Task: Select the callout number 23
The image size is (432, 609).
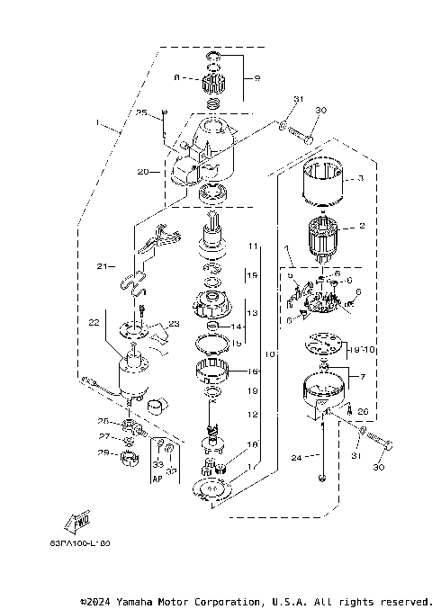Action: point(175,324)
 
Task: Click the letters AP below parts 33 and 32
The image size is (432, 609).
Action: point(157,479)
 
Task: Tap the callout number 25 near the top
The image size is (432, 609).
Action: point(141,114)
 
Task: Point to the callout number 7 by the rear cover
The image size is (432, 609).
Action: point(364,375)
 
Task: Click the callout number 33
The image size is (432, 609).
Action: point(157,466)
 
